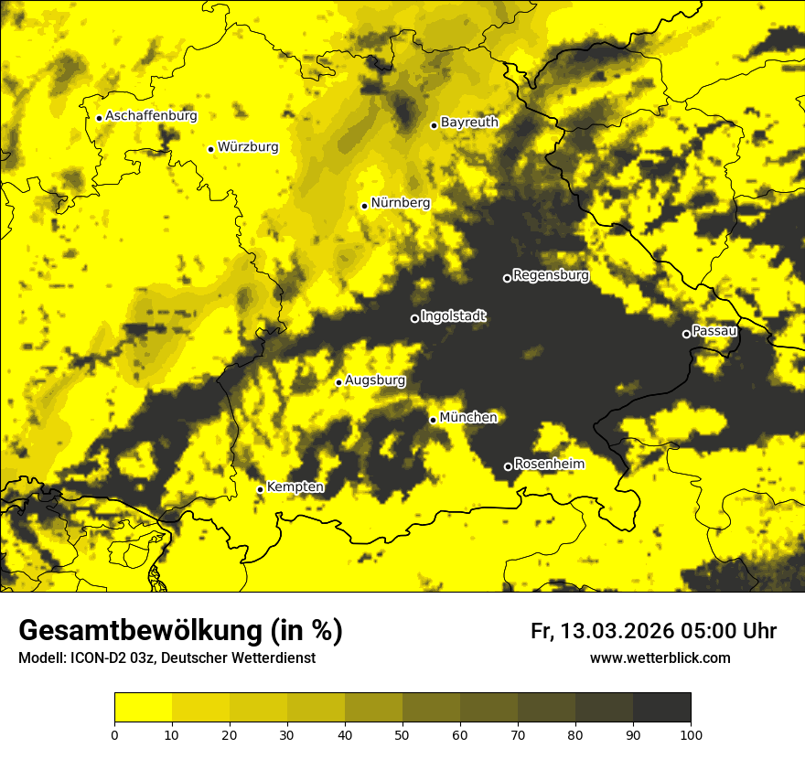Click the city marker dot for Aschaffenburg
pyautogui.click(x=99, y=117)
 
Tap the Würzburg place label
pyautogui.click(x=248, y=146)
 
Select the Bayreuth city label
pyautogui.click(x=469, y=122)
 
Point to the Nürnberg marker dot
pyautogui.click(x=364, y=206)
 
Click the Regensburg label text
pyautogui.click(x=551, y=274)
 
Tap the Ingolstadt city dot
pyautogui.click(x=414, y=318)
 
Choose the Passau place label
pyautogui.click(x=714, y=330)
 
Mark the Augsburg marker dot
pyautogui.click(x=338, y=382)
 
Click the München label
pyautogui.click(x=468, y=417)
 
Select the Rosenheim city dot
pyautogui.click(x=508, y=466)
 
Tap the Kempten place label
pyautogui.click(x=295, y=486)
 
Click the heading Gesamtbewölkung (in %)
pyautogui.click(x=180, y=631)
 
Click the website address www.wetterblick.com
pyautogui.click(x=660, y=657)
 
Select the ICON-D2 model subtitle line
pyautogui.click(x=166, y=657)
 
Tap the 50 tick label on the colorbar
pyautogui.click(x=402, y=733)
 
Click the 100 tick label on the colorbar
pyautogui.click(x=690, y=733)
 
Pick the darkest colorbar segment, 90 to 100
pyautogui.click(x=661, y=708)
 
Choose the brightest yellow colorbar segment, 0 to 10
pyautogui.click(x=143, y=708)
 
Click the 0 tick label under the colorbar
pyautogui.click(x=114, y=733)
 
